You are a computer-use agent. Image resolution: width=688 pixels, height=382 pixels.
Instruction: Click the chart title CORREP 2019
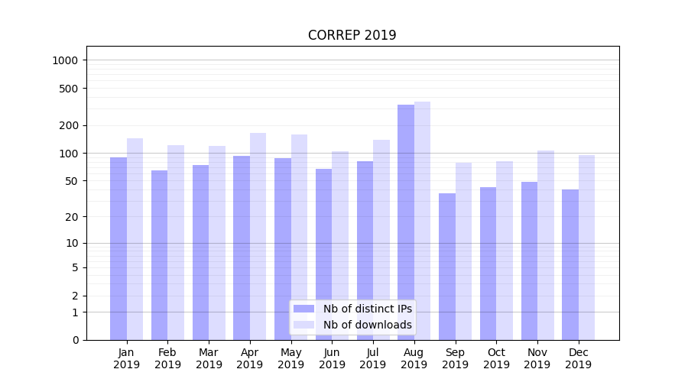point(352,35)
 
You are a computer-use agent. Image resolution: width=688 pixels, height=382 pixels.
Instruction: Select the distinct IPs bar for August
point(406,222)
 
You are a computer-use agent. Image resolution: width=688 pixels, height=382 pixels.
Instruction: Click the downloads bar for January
point(135,238)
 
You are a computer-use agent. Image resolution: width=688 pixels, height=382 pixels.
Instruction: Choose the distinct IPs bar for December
point(570,264)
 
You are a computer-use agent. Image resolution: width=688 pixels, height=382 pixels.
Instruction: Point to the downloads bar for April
point(258,236)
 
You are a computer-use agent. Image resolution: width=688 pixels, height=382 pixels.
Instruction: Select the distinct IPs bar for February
point(159,254)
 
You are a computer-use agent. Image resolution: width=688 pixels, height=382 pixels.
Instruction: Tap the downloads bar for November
point(546,244)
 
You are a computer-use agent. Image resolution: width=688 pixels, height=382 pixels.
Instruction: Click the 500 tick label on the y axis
point(70,89)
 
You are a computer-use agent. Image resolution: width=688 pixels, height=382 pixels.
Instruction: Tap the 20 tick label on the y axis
point(73,217)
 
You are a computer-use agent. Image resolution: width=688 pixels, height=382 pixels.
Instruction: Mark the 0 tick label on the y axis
point(76,340)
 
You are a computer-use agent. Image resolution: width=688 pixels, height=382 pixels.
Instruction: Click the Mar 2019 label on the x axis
point(209,358)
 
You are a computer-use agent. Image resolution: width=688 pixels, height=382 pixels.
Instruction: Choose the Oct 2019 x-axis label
point(496,358)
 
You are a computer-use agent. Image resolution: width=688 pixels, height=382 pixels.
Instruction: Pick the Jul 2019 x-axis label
point(373,358)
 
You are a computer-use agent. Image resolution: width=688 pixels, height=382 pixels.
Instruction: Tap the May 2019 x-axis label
point(290,358)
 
